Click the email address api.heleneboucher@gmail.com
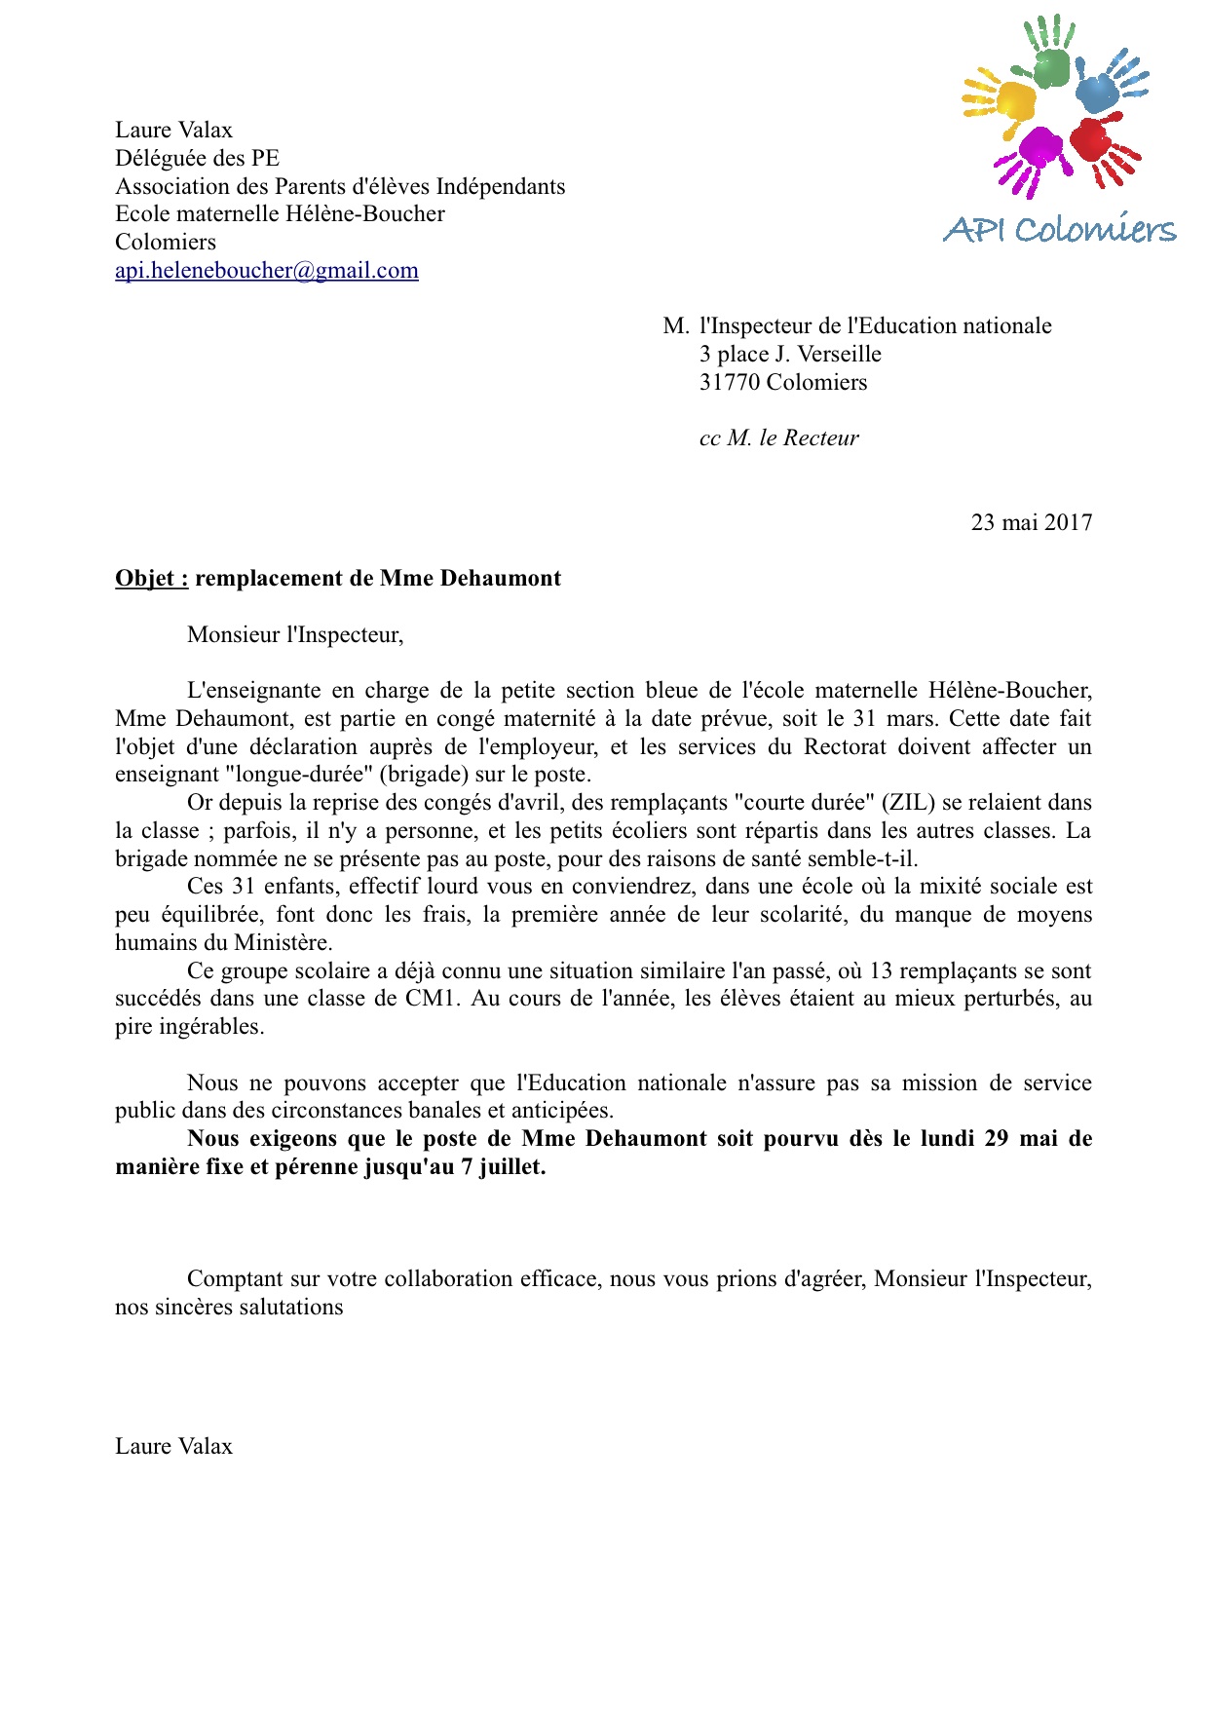[x=266, y=271]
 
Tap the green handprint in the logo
[x=1050, y=61]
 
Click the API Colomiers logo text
[x=1059, y=230]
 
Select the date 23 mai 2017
[x=1031, y=523]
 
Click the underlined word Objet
[x=151, y=579]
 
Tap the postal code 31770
[x=729, y=383]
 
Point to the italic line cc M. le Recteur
[x=778, y=438]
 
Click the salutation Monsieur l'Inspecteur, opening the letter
[x=295, y=635]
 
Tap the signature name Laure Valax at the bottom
[x=173, y=1447]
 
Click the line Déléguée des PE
[x=197, y=159]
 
